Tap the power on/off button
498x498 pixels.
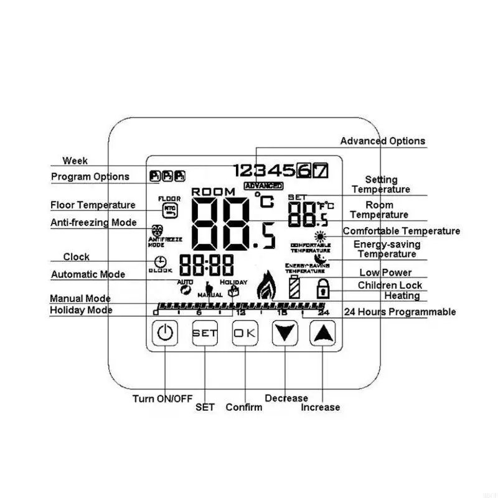click(164, 334)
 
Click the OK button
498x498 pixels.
click(245, 334)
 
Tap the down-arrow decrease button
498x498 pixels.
click(285, 334)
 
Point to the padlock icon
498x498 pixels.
click(322, 288)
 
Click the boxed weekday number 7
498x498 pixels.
click(320, 169)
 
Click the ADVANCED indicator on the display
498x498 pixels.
click(263, 186)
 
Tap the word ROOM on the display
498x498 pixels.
click(214, 192)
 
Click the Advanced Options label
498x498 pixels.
click(382, 141)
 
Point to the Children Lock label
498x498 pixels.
click(390, 285)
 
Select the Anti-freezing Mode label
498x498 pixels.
click(93, 222)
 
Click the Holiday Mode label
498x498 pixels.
click(81, 310)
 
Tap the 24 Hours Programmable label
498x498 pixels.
click(400, 312)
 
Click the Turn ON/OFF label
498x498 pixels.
click(162, 399)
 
